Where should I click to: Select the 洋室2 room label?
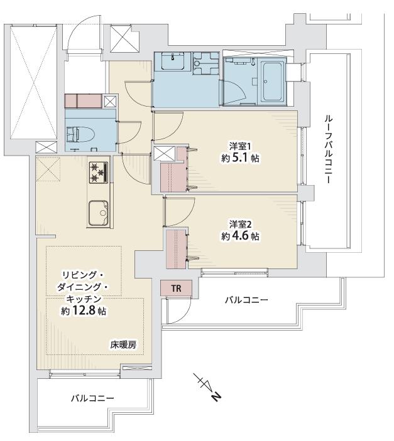tap(239, 225)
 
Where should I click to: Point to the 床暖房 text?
tap(123, 344)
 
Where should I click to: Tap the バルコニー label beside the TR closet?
tap(246, 300)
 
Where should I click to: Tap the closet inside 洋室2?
tap(176, 248)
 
